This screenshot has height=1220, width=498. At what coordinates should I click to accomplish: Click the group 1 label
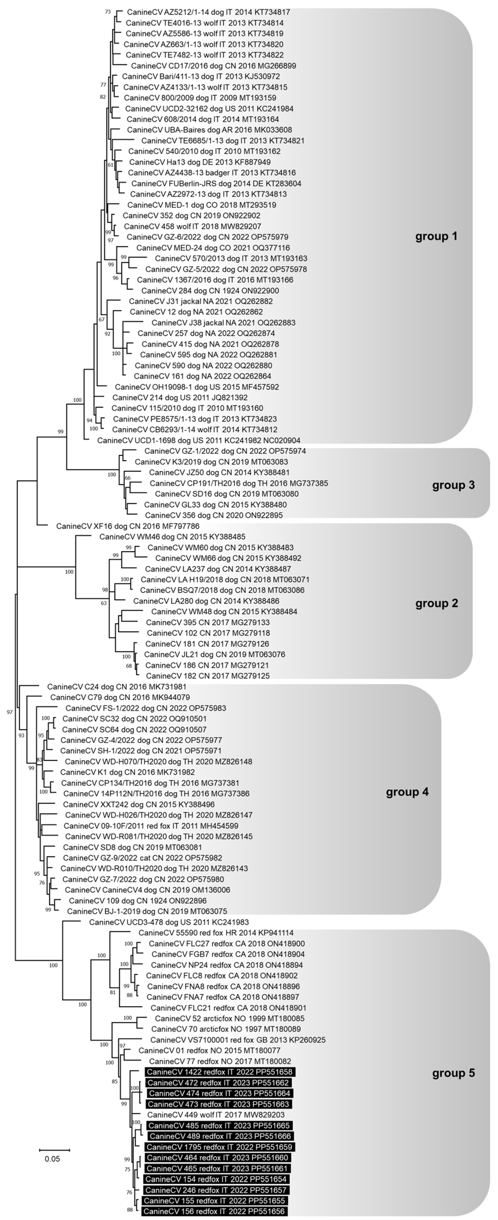[436, 236]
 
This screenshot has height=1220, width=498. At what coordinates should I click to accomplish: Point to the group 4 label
[407, 792]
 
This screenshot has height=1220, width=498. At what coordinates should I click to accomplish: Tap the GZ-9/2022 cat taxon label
[142, 858]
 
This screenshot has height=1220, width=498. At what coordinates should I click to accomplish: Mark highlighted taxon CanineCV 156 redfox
[215, 1211]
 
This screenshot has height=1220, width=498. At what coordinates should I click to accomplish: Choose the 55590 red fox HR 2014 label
[216, 932]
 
